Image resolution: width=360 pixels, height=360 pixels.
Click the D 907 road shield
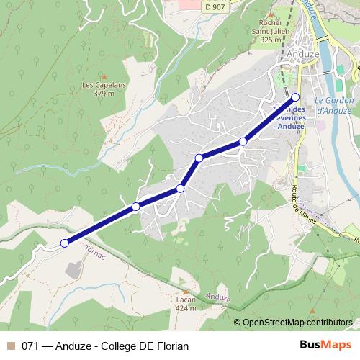pos(213,6)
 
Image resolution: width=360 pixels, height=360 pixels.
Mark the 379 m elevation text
pos(104,93)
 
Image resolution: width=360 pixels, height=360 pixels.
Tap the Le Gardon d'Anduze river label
pos(333,105)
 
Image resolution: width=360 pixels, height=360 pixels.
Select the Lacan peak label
pos(186,300)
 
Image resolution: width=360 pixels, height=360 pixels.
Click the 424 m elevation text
pos(186,308)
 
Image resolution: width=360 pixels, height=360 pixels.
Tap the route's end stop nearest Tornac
pos(64,243)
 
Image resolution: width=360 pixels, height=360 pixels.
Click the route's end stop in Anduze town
pos(295,96)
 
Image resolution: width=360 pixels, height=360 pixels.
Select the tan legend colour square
pos(11,346)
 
